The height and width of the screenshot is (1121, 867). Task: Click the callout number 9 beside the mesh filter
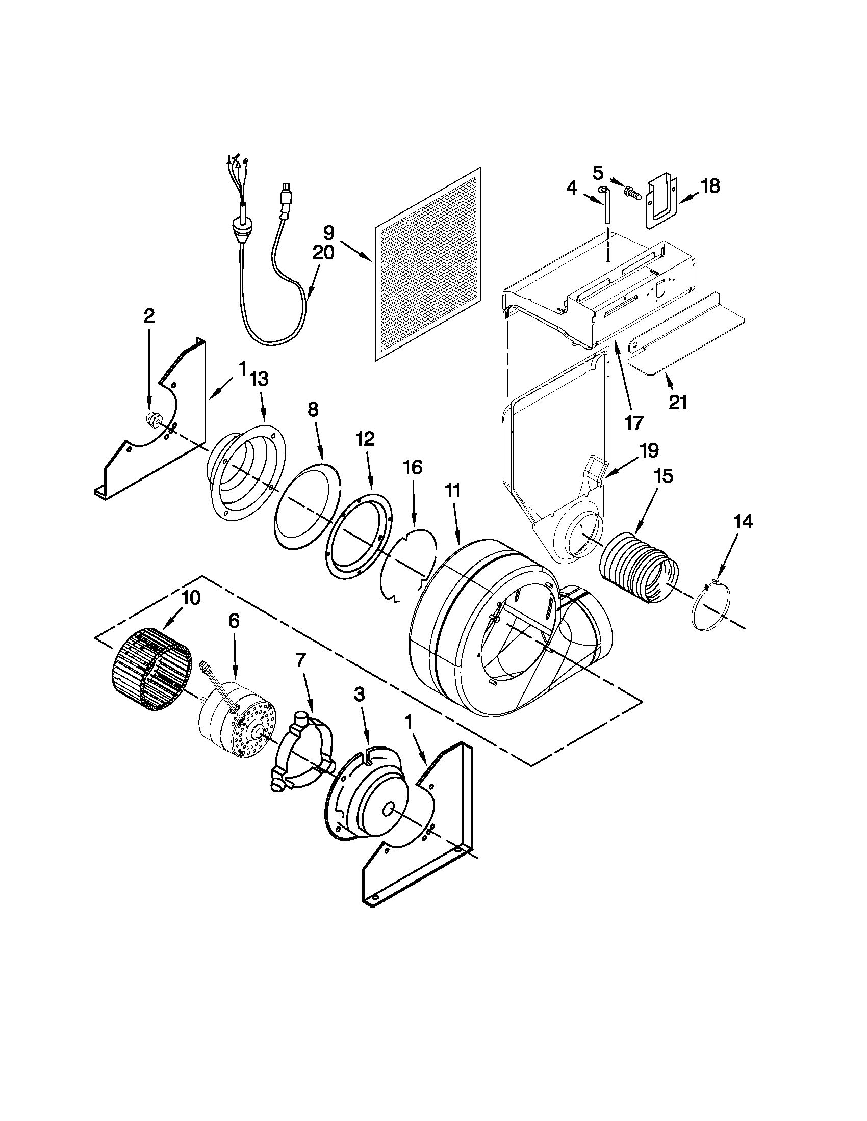pos(329,233)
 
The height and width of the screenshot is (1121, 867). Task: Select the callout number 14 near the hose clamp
pos(743,522)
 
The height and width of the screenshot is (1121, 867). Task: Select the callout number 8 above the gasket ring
pos(313,409)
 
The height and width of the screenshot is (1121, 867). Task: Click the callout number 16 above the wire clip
pos(413,468)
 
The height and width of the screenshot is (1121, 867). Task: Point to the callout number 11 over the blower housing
pos(452,491)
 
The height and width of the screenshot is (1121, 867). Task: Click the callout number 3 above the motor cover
pos(359,695)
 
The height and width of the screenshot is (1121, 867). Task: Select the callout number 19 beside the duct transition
pos(649,450)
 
